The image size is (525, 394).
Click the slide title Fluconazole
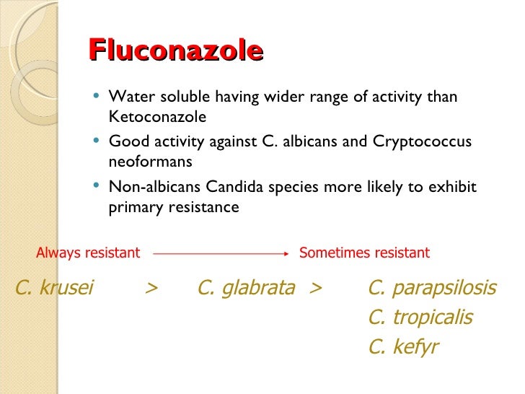[x=175, y=51]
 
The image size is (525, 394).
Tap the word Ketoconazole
[x=157, y=116]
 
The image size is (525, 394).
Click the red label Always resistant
[x=88, y=253]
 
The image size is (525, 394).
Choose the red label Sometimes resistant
[x=364, y=253]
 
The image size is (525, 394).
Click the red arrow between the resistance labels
[x=220, y=253]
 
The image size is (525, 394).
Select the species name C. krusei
[x=54, y=288]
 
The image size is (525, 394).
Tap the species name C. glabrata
[x=246, y=288]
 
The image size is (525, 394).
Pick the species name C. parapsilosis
[x=432, y=288]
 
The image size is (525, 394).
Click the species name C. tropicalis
[x=420, y=318]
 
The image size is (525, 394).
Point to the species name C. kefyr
[x=402, y=347]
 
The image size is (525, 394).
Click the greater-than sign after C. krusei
[x=151, y=289]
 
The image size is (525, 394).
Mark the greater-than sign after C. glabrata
[x=314, y=289]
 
